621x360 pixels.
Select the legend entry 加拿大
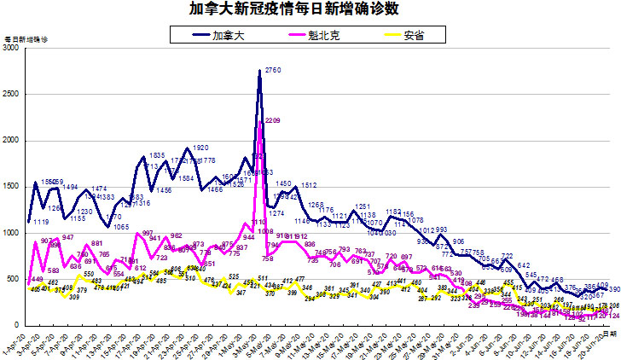pos(225,35)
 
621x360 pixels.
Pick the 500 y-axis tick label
pos(14,279)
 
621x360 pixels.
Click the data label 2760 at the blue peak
pos(274,69)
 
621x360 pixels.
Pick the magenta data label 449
pos(37,280)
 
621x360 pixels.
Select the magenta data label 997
pos(147,233)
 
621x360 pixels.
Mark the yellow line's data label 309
pos(74,297)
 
